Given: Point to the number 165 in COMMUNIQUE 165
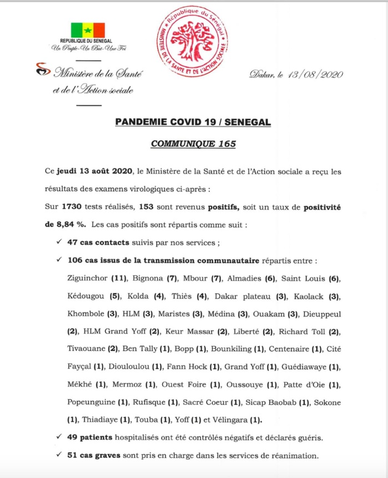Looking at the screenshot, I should click(x=224, y=144).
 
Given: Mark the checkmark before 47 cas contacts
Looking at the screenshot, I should click(x=59, y=243).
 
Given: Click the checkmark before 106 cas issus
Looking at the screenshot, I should click(x=59, y=260).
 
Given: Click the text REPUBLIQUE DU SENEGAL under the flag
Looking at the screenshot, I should click(x=87, y=42).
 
